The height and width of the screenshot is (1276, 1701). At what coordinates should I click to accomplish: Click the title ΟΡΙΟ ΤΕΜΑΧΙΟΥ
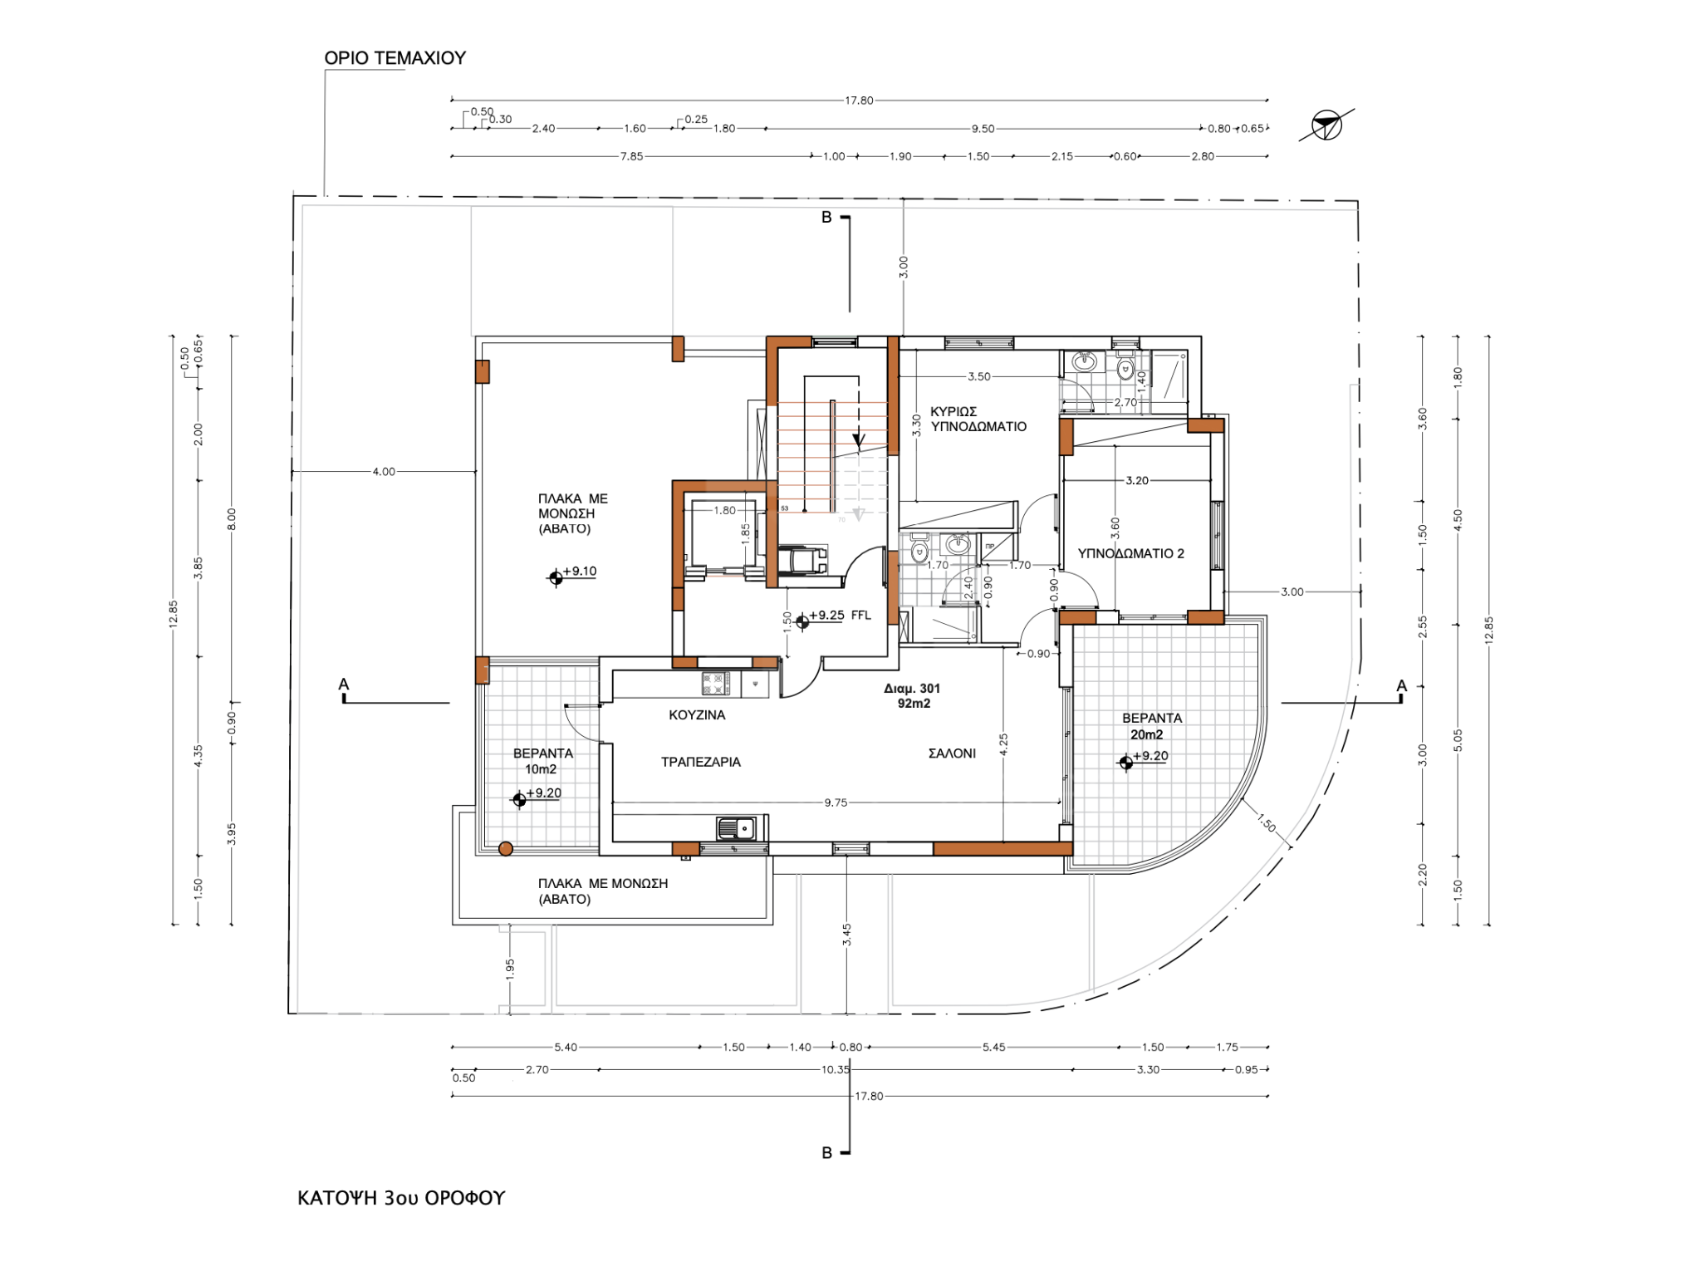(395, 58)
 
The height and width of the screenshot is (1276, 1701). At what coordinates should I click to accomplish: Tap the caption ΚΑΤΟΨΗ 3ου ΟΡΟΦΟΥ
(401, 1198)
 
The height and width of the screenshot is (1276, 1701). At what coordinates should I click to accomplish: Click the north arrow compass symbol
(1326, 125)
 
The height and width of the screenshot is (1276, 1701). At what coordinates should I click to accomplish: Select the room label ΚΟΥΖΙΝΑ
(697, 714)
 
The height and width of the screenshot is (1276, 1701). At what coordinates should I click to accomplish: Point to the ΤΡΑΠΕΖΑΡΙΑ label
(700, 762)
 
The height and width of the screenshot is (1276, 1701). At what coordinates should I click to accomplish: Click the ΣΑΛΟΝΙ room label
(952, 753)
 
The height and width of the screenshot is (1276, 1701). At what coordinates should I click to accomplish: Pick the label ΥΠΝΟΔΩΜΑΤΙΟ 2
(1130, 553)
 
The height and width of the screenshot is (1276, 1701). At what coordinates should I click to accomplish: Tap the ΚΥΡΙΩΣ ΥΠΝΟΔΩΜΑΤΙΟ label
(978, 419)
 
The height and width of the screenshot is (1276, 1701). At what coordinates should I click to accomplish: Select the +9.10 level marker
(572, 573)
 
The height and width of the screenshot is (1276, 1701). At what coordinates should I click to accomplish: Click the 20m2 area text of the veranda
(1146, 734)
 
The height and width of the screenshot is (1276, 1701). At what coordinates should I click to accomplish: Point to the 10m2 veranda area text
(541, 769)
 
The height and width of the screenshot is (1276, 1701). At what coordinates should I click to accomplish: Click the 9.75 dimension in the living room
(836, 802)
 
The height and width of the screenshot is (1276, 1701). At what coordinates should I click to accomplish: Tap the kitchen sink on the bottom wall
(736, 828)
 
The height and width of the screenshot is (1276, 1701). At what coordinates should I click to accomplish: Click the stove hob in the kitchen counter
(715, 684)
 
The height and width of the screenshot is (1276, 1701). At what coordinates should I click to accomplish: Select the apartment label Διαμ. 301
(912, 688)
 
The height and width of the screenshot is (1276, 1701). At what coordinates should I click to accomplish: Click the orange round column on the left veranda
(505, 849)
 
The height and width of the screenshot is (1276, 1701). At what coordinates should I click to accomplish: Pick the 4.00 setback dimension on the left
(384, 472)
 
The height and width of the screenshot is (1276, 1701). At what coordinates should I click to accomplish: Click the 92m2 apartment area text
(914, 704)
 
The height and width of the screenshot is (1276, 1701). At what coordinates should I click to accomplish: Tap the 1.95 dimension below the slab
(510, 969)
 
